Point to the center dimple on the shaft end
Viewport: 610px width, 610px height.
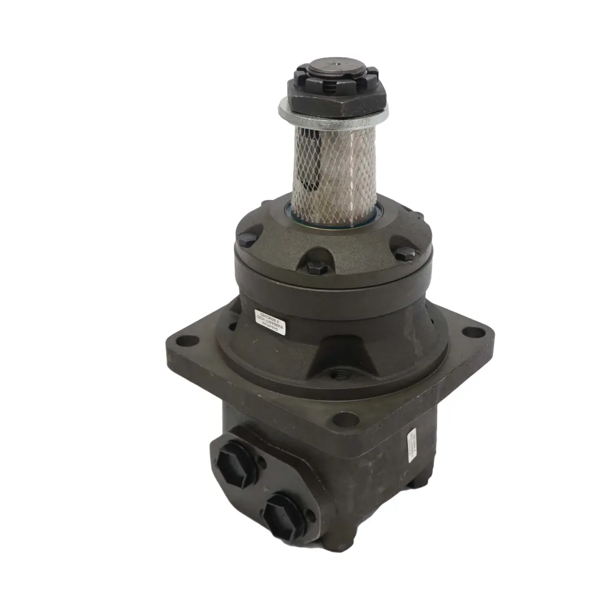(335, 64)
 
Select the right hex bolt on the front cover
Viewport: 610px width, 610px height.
(404, 254)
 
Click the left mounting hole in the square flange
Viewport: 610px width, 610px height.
(189, 341)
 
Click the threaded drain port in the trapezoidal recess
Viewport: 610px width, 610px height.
(340, 373)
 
